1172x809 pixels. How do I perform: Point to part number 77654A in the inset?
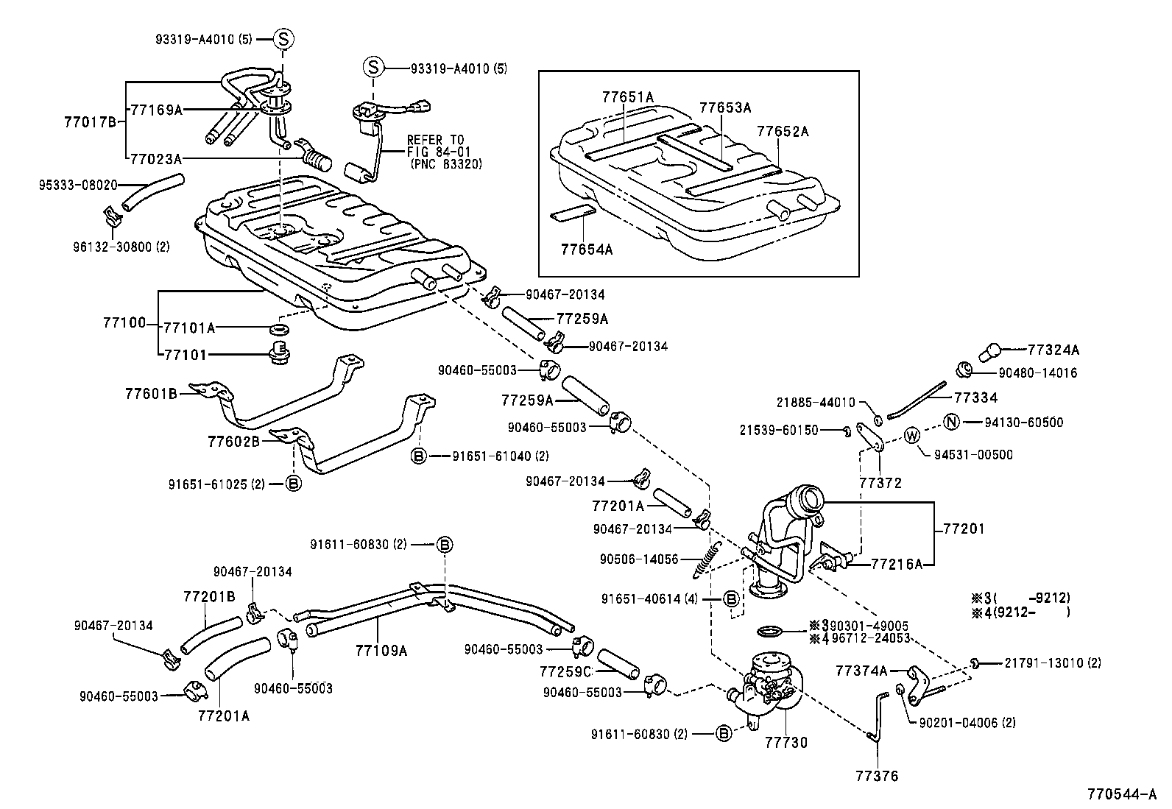click(x=586, y=249)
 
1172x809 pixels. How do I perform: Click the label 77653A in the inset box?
click(x=724, y=107)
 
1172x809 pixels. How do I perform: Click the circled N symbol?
click(x=951, y=422)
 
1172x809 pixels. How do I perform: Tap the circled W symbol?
click(x=911, y=436)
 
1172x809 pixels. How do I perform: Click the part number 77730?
click(x=786, y=742)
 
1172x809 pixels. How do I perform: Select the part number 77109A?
click(x=381, y=650)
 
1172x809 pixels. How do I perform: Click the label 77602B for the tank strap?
click(x=233, y=442)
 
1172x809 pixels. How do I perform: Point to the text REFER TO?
click(x=434, y=140)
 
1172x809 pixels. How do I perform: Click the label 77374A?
click(x=861, y=671)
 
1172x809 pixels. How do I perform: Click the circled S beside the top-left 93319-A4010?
click(x=284, y=39)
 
